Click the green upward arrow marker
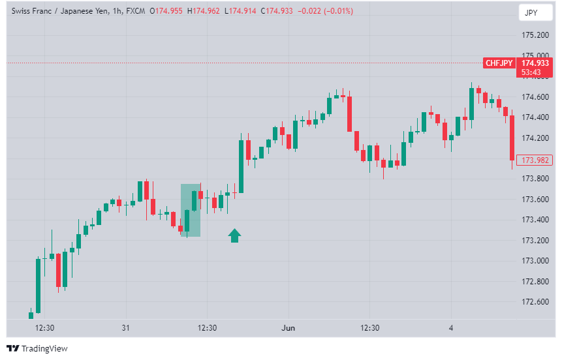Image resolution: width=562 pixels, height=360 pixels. click(235, 235)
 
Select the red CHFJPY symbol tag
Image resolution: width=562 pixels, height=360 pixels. click(499, 63)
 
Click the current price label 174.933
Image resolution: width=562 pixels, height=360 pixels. click(535, 63)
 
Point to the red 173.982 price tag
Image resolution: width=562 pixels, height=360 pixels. click(535, 160)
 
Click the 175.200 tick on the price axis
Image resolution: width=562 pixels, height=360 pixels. click(535, 35)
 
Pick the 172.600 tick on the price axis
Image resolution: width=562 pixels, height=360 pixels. click(535, 302)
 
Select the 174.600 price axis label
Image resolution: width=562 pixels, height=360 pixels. click(535, 97)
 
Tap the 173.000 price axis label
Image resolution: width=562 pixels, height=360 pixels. click(535, 261)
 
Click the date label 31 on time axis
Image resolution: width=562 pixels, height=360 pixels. click(125, 327)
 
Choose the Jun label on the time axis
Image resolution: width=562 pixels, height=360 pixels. click(288, 327)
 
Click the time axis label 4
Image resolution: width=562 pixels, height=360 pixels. click(450, 327)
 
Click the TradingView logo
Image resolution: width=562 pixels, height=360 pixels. click(37, 348)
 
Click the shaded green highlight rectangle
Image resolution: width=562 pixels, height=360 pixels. click(191, 210)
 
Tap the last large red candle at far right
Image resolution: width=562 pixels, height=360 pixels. click(512, 138)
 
